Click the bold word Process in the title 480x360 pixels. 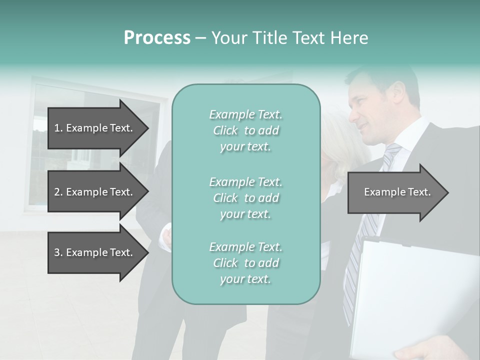tap(157, 38)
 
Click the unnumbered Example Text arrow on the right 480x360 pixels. tap(397, 192)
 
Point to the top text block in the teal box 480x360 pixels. tap(246, 130)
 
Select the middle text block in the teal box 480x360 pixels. tap(246, 197)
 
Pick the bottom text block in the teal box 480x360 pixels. tap(246, 263)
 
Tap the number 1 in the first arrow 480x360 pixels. tap(57, 128)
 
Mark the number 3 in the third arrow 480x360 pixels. tap(57, 252)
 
